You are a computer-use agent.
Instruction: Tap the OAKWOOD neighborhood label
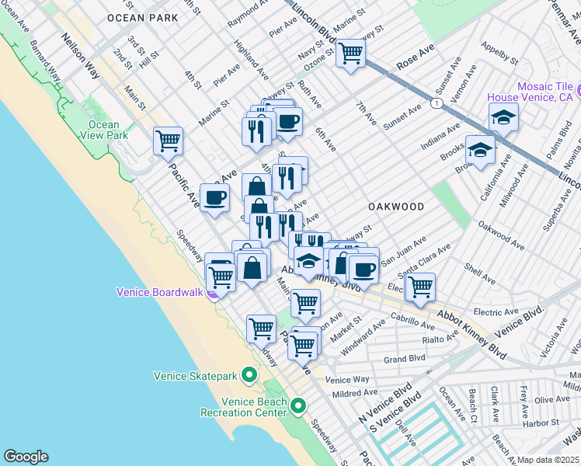[x=396, y=207]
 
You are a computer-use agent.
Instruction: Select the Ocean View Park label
[x=104, y=130]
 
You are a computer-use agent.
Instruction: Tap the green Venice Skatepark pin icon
[x=249, y=376]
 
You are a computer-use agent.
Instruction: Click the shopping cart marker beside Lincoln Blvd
[x=351, y=54]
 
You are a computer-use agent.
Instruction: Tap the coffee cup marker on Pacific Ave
[x=214, y=197]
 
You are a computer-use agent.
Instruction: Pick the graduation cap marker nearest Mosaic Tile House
[x=503, y=117]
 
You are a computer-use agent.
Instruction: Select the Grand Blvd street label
[x=405, y=359]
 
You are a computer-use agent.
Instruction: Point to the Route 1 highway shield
[x=439, y=103]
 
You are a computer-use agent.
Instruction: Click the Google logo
[x=26, y=456]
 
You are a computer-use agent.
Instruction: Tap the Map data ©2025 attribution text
[x=548, y=460]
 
